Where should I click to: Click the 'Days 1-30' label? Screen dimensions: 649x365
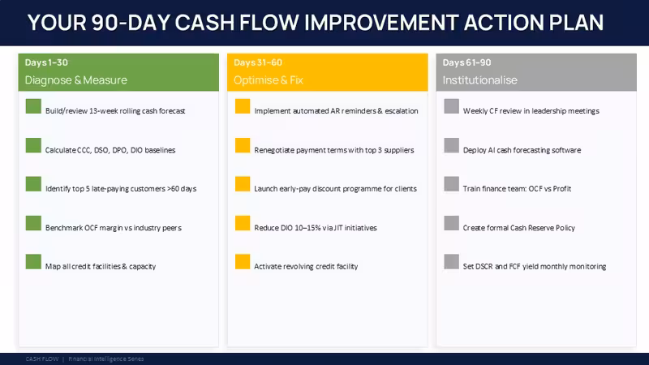(x=46, y=62)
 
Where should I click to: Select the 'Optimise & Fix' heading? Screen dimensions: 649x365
(x=269, y=79)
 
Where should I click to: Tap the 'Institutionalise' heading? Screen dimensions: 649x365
(x=479, y=79)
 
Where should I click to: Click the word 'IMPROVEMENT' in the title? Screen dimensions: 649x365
(x=381, y=23)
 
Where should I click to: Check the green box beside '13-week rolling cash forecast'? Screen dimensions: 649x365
(x=33, y=106)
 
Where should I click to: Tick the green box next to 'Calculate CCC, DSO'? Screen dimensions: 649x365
(x=33, y=145)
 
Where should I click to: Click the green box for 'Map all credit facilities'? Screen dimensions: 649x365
(x=33, y=261)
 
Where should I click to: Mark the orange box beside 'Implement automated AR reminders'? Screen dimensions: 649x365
(x=243, y=106)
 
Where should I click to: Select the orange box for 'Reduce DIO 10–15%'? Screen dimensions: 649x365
(x=243, y=223)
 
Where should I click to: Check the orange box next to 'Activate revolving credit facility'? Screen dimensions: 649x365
(x=243, y=261)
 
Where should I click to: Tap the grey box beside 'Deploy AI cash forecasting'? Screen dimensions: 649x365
(x=452, y=145)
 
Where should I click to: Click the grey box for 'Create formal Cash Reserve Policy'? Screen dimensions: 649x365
(x=452, y=223)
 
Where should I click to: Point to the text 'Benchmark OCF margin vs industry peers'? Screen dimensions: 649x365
(x=114, y=228)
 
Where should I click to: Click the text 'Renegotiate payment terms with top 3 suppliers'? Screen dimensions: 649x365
(x=334, y=150)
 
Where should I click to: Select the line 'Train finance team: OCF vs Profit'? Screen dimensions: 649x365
(x=517, y=189)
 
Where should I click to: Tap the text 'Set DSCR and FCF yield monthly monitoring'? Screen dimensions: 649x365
(x=535, y=267)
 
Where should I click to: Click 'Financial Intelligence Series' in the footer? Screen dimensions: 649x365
(x=106, y=359)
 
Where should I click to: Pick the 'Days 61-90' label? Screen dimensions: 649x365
(x=467, y=62)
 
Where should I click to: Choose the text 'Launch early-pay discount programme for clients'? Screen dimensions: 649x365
(x=335, y=189)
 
